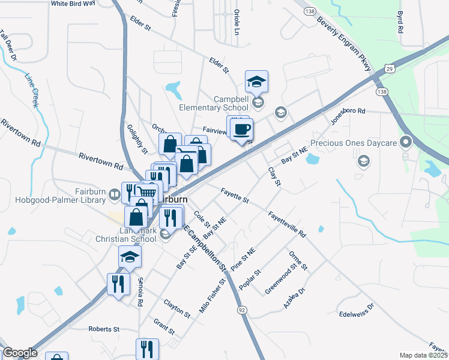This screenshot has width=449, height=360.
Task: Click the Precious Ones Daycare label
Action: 363,143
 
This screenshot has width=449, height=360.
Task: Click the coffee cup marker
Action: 242,129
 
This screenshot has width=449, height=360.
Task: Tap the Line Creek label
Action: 32,90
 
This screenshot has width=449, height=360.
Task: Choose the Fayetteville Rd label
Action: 287,224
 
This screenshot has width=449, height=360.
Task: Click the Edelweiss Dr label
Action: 356,310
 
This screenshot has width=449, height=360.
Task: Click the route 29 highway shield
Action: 390,68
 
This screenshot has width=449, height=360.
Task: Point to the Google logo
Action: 20,353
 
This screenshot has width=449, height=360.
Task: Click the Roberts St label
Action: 104,329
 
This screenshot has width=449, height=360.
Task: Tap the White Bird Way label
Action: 73,3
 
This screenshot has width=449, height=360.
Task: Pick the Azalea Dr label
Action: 294,298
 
